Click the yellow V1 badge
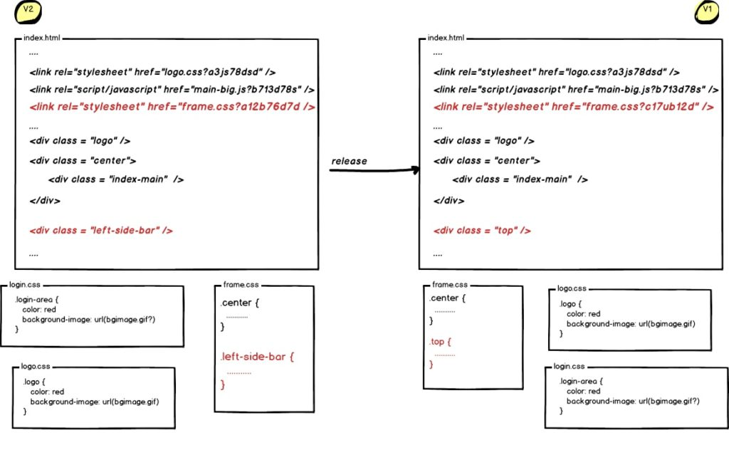tap(707, 11)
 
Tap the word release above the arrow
tap(349, 161)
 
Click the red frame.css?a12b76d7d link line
tap(172, 107)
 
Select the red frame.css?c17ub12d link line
tap(574, 107)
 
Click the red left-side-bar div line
tap(101, 230)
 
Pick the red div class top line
tap(483, 230)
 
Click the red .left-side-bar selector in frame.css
tap(257, 356)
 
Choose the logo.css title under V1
tap(572, 288)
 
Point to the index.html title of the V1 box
tap(446, 37)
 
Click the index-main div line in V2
tap(115, 179)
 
